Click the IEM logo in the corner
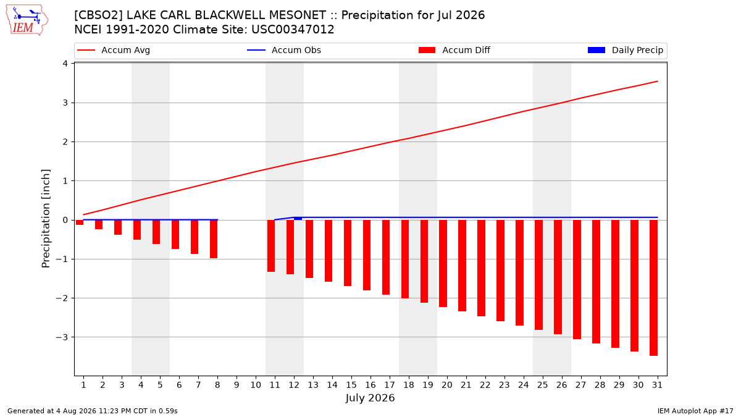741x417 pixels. coord(27,20)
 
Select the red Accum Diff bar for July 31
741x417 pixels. coord(654,288)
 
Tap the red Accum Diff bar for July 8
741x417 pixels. coord(214,239)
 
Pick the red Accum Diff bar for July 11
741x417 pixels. coord(271,246)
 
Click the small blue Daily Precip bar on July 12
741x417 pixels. coord(298,219)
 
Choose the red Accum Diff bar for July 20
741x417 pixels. coord(443,263)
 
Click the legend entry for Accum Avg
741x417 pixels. coord(114,50)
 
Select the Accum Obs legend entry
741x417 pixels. coord(284,50)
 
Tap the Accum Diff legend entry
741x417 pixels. coord(454,50)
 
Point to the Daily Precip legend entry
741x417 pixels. coord(625,50)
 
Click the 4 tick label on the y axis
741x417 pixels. coord(65,64)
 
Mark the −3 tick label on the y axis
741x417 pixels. coord(62,337)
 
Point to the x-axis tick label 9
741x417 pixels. coord(237,385)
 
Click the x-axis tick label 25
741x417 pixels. coord(543,385)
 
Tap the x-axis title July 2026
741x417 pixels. coord(370,398)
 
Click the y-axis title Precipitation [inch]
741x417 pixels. coord(46,219)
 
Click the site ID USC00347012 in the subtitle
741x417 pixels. coord(293,30)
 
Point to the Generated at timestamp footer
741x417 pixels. coord(92,411)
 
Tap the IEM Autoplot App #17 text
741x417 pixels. coord(695,411)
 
